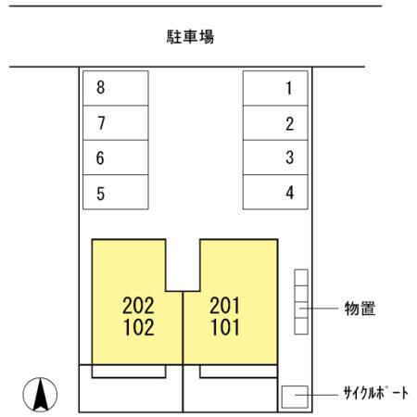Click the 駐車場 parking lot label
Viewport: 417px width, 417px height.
pyautogui.click(x=190, y=36)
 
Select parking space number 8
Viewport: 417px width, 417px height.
pyautogui.click(x=116, y=88)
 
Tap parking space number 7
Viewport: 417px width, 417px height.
pyautogui.click(x=116, y=123)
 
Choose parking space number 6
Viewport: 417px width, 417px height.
pyautogui.click(x=116, y=158)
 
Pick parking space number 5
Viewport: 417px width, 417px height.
pyautogui.click(x=116, y=192)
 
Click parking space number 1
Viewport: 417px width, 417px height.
pyautogui.click(x=275, y=88)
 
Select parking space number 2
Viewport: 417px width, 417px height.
pyautogui.click(x=275, y=123)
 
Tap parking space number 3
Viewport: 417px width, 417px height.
pyautogui.click(x=275, y=158)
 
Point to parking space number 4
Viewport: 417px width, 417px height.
pyautogui.click(x=275, y=192)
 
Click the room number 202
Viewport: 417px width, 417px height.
pyautogui.click(x=138, y=306)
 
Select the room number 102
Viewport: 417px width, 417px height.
pyautogui.click(x=139, y=327)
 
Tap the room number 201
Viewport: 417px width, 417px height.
pyautogui.click(x=224, y=306)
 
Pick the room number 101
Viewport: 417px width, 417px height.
pyautogui.click(x=225, y=327)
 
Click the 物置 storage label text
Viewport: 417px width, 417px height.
pyautogui.click(x=360, y=309)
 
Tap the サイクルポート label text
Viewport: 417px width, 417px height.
pyautogui.click(x=376, y=393)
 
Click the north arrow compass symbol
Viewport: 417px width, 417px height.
pyautogui.click(x=40, y=395)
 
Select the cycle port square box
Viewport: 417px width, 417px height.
pyautogui.click(x=295, y=397)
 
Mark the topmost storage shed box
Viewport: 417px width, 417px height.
pyautogui.click(x=301, y=278)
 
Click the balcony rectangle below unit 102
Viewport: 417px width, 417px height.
pyautogui.click(x=129, y=372)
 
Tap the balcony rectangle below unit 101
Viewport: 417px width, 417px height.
pyautogui.click(x=238, y=372)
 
